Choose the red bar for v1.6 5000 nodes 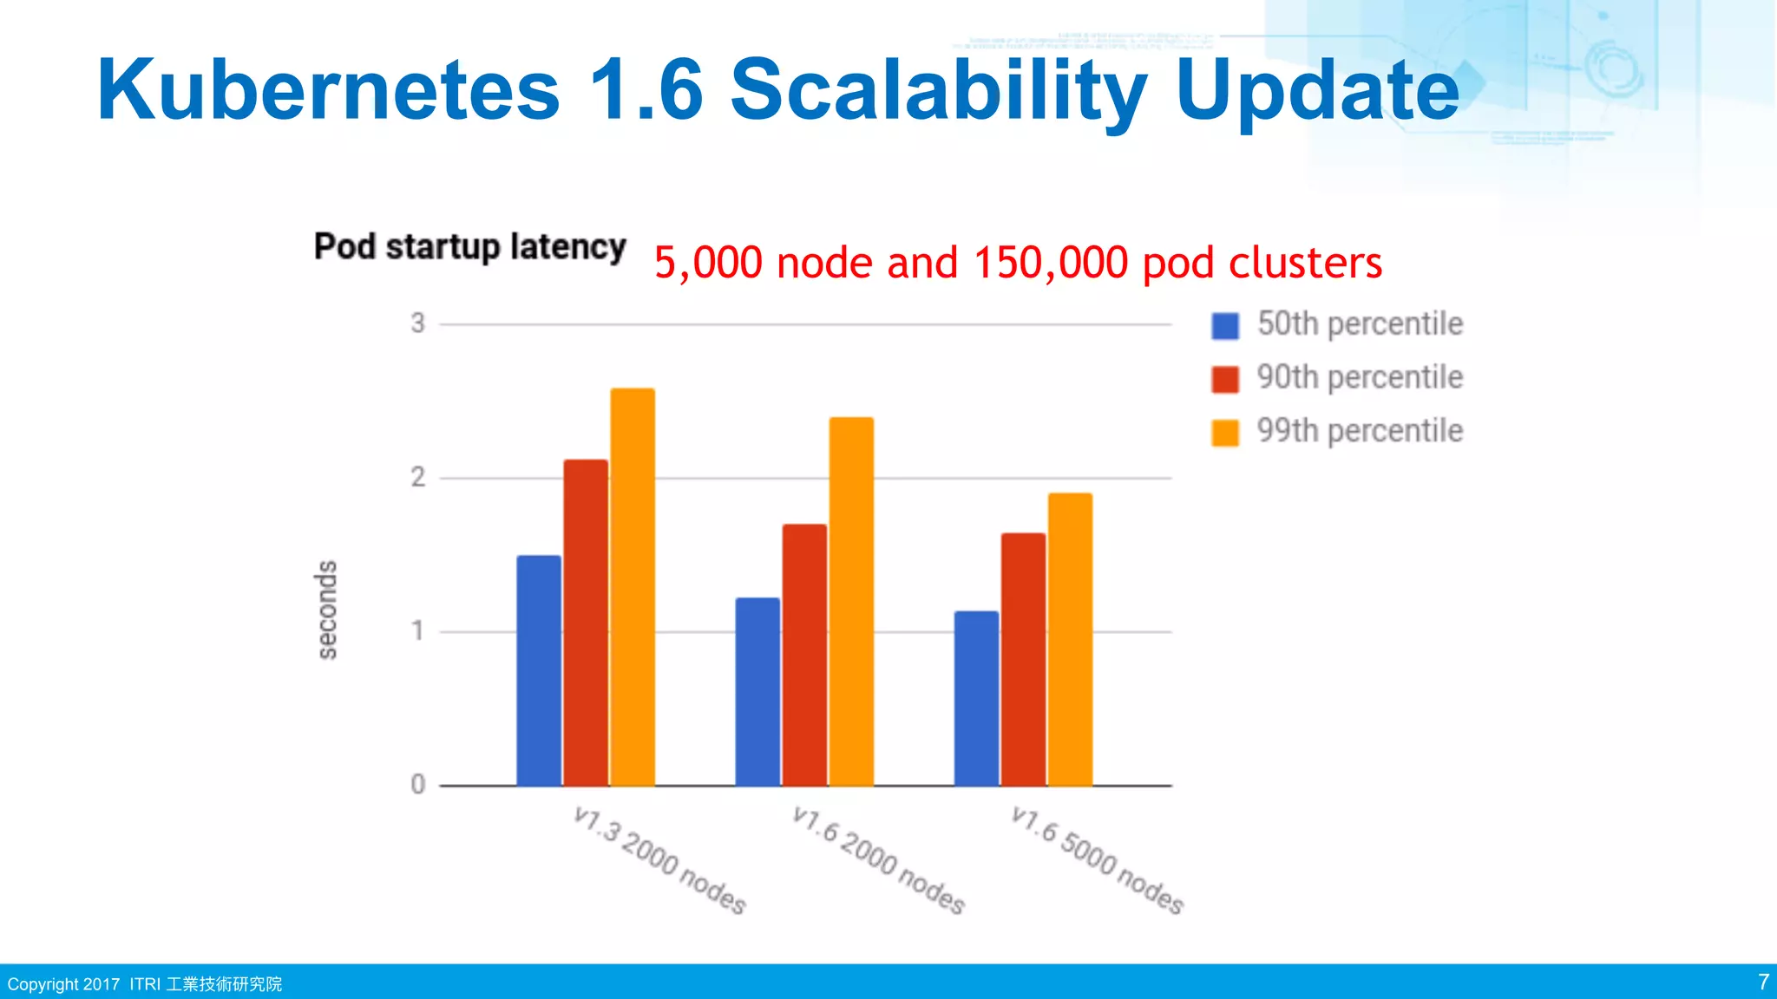1023,659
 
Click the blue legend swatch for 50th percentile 1225,326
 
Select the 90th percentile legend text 1360,378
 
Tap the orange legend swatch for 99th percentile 1225,432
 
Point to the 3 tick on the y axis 418,323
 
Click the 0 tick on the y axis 418,785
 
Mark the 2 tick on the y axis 418,478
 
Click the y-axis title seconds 326,610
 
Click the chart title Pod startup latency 469,247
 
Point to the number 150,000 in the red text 1050,263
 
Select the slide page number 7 1763,982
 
